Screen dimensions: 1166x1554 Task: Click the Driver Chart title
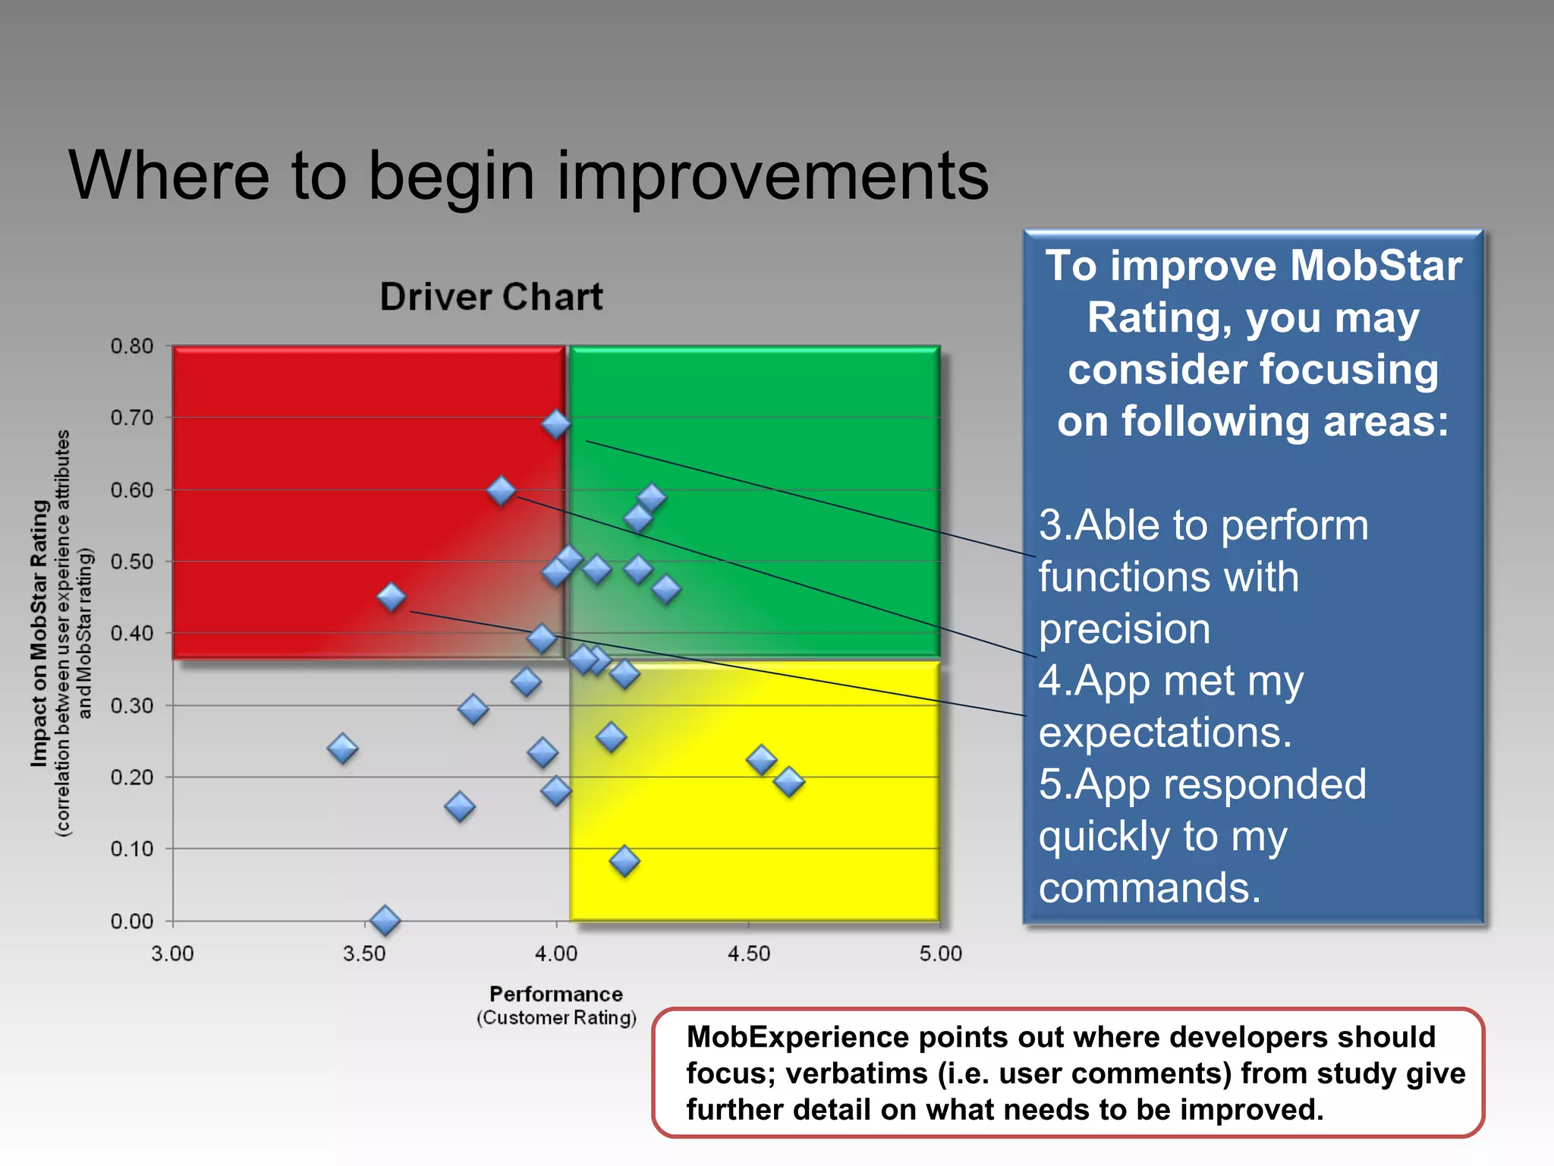[491, 297]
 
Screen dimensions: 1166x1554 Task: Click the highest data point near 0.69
[556, 424]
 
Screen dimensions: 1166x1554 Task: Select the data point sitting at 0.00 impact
[385, 920]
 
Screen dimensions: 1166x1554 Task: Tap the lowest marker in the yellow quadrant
[624, 861]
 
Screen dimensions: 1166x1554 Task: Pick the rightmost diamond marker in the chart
[788, 781]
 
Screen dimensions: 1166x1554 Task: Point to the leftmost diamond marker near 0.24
[342, 748]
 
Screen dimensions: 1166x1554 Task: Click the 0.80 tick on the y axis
[132, 346]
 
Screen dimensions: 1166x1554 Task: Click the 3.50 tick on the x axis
[364, 953]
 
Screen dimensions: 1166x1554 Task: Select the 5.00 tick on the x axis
[940, 953]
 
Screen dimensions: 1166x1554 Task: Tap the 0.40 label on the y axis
[132, 633]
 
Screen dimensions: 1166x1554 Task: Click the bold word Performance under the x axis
[555, 994]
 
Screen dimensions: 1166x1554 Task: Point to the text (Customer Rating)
[555, 1017]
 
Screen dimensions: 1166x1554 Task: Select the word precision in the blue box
[1124, 629]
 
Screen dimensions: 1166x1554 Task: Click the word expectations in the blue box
[1164, 733]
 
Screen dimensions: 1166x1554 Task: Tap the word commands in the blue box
[1149, 887]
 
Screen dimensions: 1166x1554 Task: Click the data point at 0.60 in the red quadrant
[501, 490]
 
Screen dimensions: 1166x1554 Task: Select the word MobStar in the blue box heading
[1375, 266]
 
